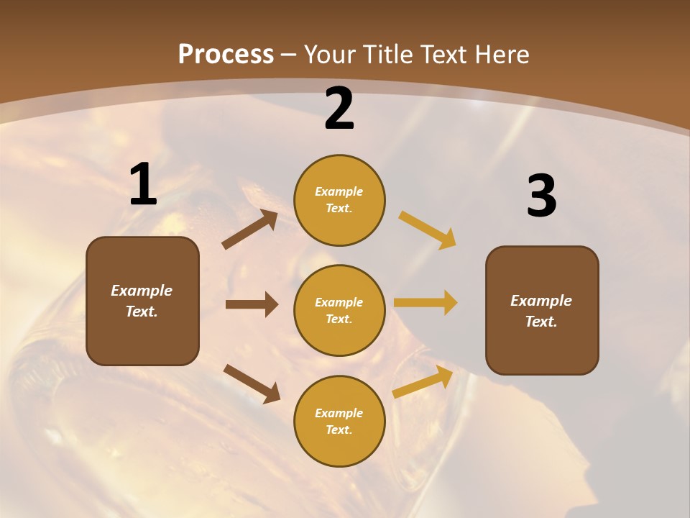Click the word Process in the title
click(226, 55)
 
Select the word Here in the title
click(500, 55)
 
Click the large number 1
click(143, 185)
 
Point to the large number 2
click(339, 109)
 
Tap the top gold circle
click(339, 200)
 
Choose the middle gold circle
click(339, 310)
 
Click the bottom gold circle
click(339, 421)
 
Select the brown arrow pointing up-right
click(250, 230)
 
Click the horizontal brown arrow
click(252, 304)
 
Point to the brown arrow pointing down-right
click(252, 383)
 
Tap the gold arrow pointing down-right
click(428, 230)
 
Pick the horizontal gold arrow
click(425, 303)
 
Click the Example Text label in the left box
click(142, 301)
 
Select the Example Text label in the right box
click(541, 311)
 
